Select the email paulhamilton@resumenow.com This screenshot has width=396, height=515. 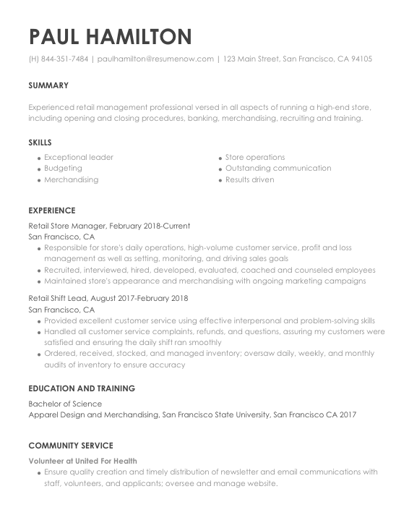155,59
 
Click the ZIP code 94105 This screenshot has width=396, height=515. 361,59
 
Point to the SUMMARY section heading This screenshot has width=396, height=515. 48,85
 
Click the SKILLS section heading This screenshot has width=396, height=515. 40,142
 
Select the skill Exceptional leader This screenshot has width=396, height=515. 78,157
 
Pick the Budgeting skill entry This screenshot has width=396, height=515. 63,169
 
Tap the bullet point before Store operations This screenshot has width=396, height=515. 220,158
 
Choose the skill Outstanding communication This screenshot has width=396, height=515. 278,169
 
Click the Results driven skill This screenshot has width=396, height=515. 249,179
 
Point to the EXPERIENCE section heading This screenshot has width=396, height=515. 51,210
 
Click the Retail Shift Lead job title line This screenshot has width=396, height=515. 108,298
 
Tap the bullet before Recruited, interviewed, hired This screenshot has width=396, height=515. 38,271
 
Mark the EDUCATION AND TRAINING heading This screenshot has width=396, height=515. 82,388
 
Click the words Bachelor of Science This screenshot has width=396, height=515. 65,404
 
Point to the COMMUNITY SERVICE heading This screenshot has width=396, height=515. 71,446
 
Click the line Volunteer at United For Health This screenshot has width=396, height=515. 82,461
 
